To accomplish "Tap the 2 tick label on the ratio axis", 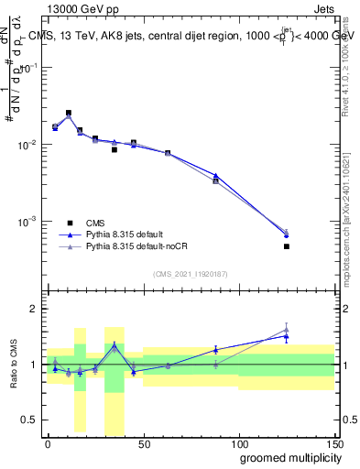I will pyautogui.click(x=34, y=309).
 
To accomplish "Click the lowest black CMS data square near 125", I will pyautogui.click(x=287, y=246).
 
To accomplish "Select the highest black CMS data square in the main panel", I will pyautogui.click(x=69, y=113).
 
